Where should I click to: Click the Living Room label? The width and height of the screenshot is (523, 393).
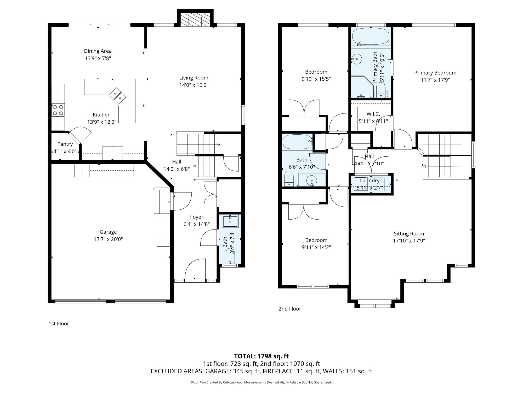pyautogui.click(x=194, y=78)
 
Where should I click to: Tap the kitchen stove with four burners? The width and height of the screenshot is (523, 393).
pyautogui.click(x=58, y=110)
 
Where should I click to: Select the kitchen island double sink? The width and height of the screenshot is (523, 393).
pyautogui.click(x=117, y=95)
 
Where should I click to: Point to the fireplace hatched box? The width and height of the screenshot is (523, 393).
pyautogui.click(x=195, y=19)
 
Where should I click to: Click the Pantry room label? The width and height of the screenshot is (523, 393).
pyautogui.click(x=65, y=144)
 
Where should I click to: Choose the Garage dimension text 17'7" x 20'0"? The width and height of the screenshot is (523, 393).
pyautogui.click(x=108, y=239)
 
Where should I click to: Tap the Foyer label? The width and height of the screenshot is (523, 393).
pyautogui.click(x=197, y=217)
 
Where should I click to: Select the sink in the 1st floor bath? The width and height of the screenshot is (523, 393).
pyautogui.click(x=230, y=221)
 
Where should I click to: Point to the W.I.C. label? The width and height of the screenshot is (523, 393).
pyautogui.click(x=373, y=114)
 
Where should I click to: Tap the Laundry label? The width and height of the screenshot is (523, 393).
pyautogui.click(x=369, y=181)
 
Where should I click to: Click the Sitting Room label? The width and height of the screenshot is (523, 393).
pyautogui.click(x=409, y=234)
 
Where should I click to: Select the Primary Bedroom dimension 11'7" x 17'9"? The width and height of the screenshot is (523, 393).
pyautogui.click(x=435, y=80)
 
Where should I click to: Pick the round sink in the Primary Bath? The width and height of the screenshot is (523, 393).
pyautogui.click(x=356, y=59)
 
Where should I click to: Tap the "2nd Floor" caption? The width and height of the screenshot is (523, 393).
pyautogui.click(x=290, y=309)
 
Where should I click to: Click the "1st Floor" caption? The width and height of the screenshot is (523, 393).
pyautogui.click(x=59, y=324)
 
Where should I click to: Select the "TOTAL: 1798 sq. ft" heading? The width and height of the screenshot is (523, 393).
pyautogui.click(x=261, y=356)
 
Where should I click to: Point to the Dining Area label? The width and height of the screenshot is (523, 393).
pyautogui.click(x=98, y=51)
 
